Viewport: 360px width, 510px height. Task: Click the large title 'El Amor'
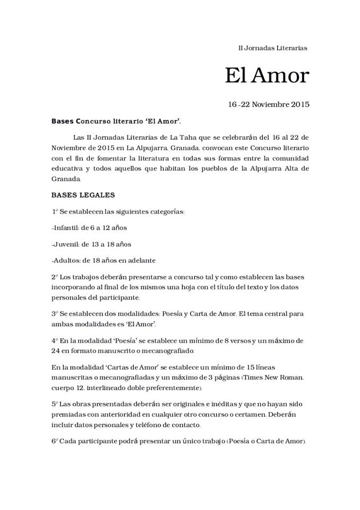coord(266,75)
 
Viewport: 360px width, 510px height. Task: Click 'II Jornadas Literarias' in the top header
coord(272,48)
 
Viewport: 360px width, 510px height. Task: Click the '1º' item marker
coord(55,211)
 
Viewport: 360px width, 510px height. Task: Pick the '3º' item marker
coord(55,314)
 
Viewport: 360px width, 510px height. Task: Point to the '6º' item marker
coord(55,442)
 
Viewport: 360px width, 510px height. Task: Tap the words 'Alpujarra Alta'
coord(260,168)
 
